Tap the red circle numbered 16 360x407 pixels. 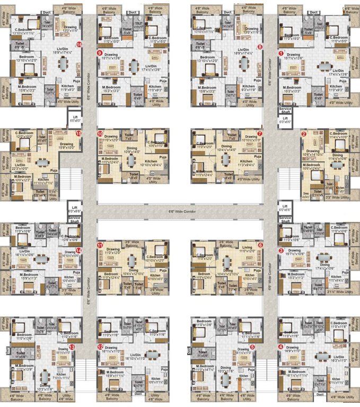[79, 45]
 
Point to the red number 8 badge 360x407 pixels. [260, 47]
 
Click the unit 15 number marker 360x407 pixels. [79, 134]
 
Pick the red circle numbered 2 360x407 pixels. [304, 134]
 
